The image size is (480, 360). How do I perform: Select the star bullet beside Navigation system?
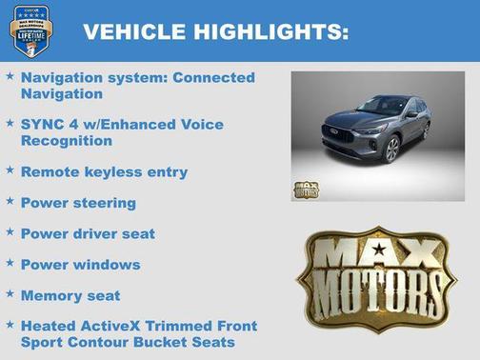[x=10, y=74]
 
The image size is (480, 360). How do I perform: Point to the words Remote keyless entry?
[x=104, y=172]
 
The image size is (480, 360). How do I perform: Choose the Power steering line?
[x=78, y=203]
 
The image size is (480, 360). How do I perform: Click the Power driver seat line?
[x=88, y=233]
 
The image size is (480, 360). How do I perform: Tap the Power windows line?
[x=80, y=265]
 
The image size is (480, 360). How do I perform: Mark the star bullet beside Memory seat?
[x=10, y=293]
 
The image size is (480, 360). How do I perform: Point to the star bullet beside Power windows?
[x=10, y=262]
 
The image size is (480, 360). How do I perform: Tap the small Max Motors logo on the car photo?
[x=306, y=189]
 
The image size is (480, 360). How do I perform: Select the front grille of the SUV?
[x=338, y=134]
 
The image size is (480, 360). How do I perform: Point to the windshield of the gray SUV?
[x=382, y=106]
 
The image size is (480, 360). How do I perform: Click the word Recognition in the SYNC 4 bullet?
[x=66, y=141]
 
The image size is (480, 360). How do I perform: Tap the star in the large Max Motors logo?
[x=379, y=250]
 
